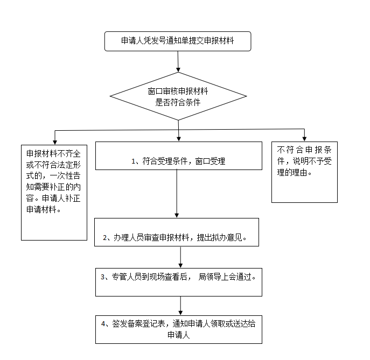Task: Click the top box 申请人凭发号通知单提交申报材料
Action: tap(178, 41)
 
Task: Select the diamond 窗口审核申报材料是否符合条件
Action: tap(178, 97)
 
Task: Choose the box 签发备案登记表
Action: tap(179, 329)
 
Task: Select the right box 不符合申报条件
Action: tap(304, 172)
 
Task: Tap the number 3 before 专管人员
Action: tap(102, 277)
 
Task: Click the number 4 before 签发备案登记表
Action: tap(103, 324)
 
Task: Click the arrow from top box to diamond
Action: tap(178, 62)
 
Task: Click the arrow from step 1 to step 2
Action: tap(177, 194)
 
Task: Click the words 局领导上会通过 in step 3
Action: tap(226, 277)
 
